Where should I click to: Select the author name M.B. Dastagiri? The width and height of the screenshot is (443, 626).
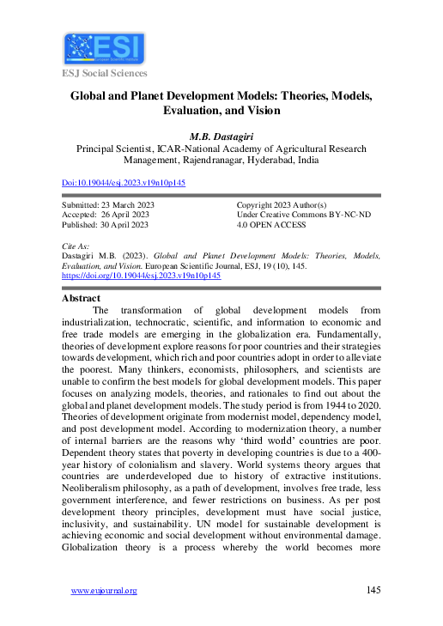point(221,136)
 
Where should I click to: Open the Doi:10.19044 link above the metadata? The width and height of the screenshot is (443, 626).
point(124,183)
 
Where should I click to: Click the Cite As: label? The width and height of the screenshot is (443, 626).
point(77,246)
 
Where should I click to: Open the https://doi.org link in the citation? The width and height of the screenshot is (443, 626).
point(142,277)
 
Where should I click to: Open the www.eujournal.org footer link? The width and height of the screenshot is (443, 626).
point(104,591)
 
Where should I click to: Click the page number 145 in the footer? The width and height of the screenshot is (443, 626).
point(373,591)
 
